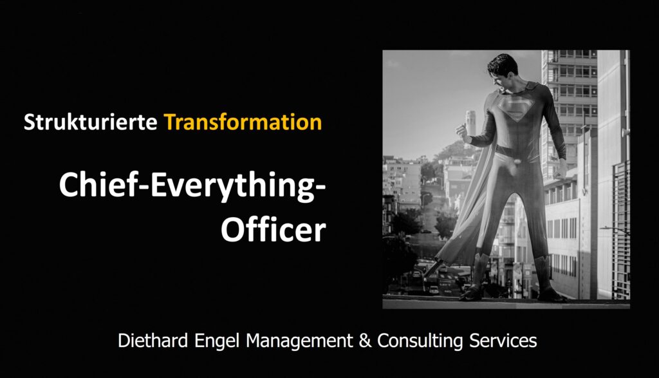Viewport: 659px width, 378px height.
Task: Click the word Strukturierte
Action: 90,122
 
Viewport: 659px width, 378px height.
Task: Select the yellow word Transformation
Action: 243,122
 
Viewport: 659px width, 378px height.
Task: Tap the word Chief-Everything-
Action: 192,186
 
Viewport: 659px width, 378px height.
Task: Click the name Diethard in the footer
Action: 153,340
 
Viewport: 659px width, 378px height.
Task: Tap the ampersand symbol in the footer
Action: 366,341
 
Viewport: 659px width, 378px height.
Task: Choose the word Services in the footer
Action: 503,341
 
